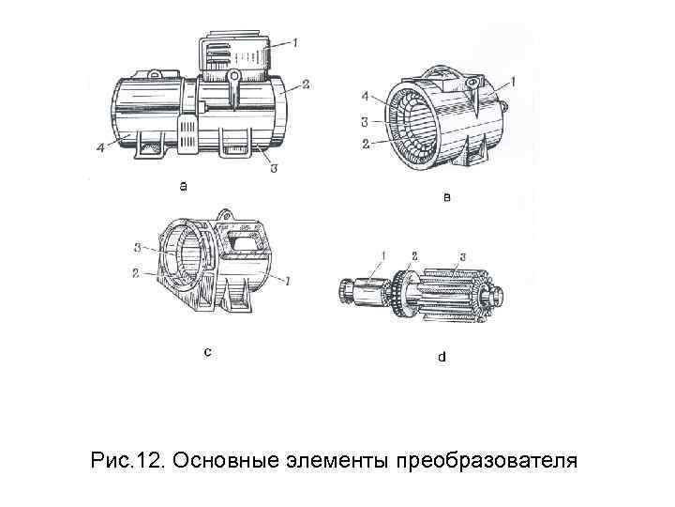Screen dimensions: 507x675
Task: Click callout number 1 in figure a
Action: [295, 42]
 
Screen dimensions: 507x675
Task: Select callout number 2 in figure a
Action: [307, 85]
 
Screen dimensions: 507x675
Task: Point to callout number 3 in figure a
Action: [272, 169]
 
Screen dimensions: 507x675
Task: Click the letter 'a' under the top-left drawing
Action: [184, 186]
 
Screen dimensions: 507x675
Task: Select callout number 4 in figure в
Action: [366, 94]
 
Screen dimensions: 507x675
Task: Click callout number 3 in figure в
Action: [365, 119]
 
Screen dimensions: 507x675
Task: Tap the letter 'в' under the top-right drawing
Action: [446, 197]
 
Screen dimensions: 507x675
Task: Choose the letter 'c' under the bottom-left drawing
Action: [207, 352]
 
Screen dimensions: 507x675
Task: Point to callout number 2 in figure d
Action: [412, 255]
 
